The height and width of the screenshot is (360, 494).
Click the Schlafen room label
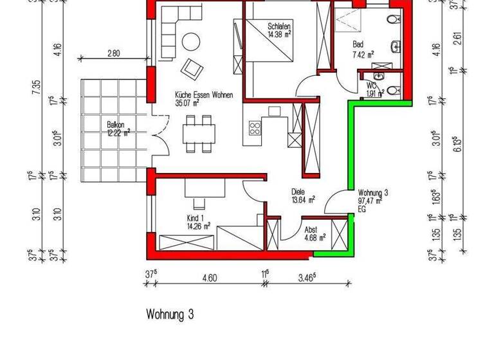pos(280,26)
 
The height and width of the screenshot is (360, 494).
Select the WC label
pos(371,85)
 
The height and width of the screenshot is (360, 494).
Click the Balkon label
pos(118,125)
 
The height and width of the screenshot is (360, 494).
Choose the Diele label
pos(298,191)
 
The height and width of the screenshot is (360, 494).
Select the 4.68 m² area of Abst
pos(315,237)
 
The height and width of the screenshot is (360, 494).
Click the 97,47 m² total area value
pos(370,201)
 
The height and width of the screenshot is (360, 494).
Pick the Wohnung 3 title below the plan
pos(170,315)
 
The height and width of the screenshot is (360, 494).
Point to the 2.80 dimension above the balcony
pos(114,55)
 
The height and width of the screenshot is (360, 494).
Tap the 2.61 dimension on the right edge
pos(457,39)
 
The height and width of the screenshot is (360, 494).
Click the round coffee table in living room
pos(190,42)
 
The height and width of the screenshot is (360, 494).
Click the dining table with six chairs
pos(197,134)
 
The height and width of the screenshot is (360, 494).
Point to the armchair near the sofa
pos(191,66)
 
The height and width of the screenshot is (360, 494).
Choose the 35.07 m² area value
pos(187,102)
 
